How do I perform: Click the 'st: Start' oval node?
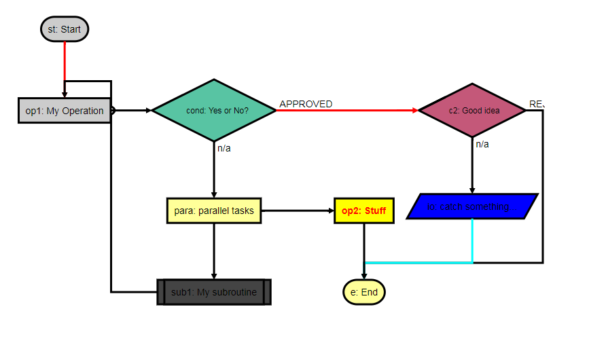65,29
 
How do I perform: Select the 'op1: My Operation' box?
64,111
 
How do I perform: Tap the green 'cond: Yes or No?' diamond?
214,110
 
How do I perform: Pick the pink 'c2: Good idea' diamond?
472,110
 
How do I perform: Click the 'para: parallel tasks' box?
214,211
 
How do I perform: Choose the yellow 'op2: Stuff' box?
363,211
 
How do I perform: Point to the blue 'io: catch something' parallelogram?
472,206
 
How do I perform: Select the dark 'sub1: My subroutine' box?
214,292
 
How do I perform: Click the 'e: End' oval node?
364,292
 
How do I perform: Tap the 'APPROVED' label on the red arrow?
306,104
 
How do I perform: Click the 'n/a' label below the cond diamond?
224,148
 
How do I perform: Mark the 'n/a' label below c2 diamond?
482,144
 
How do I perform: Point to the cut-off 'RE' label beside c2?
537,104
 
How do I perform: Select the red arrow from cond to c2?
346,110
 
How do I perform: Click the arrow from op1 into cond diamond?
133,110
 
